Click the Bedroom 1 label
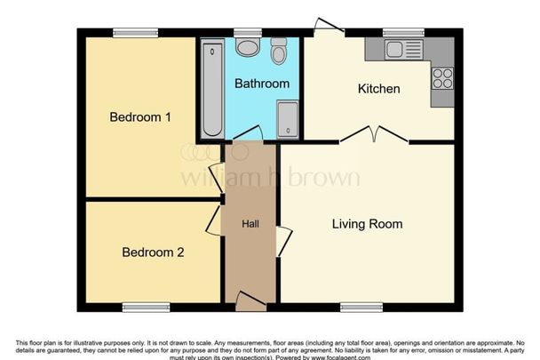[139, 116]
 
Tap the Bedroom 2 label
[153, 252]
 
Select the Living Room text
[367, 224]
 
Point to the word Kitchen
[378, 89]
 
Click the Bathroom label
[261, 84]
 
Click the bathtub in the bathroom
[210, 89]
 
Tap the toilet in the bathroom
[279, 52]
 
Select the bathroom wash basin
[249, 49]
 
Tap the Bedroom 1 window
[135, 34]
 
